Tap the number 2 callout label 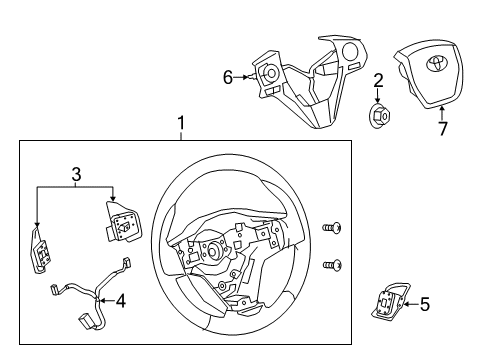(379, 80)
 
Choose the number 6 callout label (227, 76)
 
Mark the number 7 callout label (444, 127)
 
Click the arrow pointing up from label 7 (444, 111)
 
